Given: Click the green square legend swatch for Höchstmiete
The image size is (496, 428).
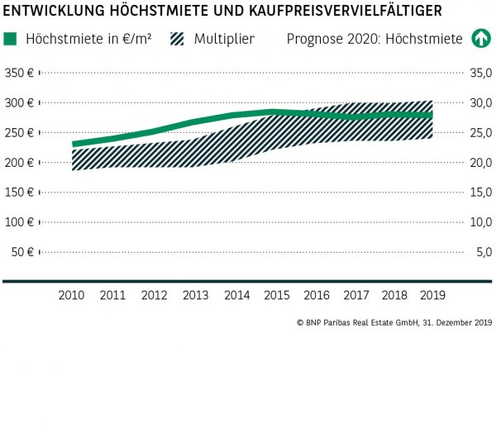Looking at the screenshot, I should tap(11, 39).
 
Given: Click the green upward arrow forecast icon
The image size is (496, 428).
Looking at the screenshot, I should tap(480, 39).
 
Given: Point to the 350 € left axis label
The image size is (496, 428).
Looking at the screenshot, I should tap(18, 74).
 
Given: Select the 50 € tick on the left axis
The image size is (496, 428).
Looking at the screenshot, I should tap(21, 252).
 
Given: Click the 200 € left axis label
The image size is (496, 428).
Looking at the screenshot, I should tap(18, 163).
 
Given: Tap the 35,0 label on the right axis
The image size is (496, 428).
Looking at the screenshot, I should tap(480, 74).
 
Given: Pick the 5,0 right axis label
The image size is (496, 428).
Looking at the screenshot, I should tap(483, 252).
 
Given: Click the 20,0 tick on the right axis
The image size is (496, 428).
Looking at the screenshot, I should tap(480, 163).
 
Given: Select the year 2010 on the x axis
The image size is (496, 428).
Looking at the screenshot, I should tap(72, 295).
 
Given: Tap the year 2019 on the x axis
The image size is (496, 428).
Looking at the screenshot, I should tap(433, 295).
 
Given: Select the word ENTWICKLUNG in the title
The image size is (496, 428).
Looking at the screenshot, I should tap(53, 11).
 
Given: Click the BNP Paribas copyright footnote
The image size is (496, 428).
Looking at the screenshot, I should tap(393, 323).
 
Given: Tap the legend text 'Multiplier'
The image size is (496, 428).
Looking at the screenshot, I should tap(224, 39).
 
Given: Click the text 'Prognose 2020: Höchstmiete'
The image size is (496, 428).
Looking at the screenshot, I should tap(374, 39).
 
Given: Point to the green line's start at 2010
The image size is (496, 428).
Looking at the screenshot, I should tap(74, 144).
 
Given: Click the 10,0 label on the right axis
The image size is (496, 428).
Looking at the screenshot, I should tap(480, 222).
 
